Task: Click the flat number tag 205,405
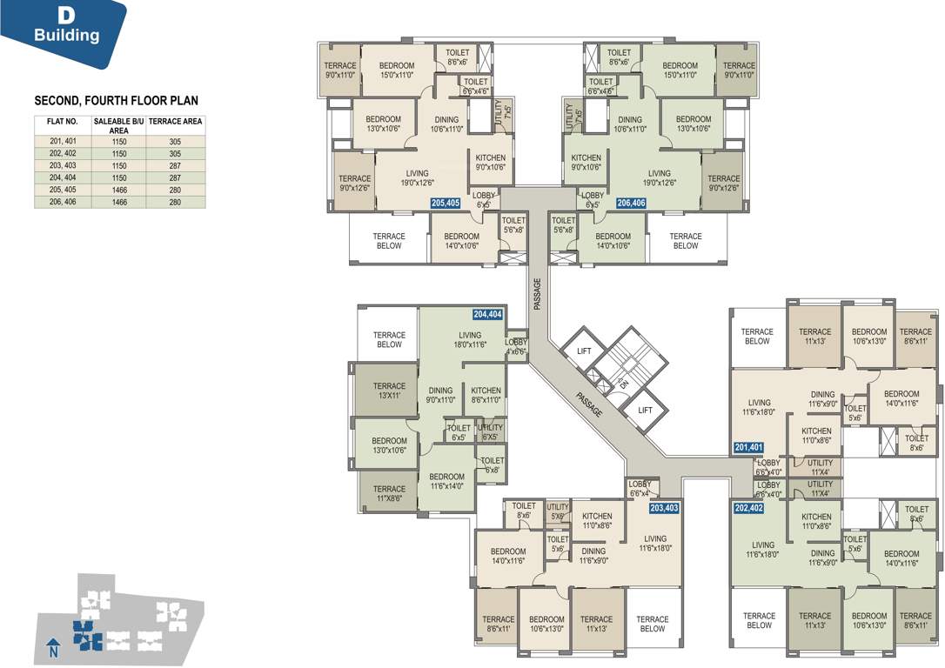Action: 446,203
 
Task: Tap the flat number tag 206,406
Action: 631,203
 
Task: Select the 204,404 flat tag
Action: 488,314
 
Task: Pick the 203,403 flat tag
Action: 664,508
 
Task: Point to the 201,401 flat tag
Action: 748,448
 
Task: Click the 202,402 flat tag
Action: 748,508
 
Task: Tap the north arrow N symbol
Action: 53,648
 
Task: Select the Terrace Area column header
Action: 176,122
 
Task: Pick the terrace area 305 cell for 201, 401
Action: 176,141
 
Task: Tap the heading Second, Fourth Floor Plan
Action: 116,101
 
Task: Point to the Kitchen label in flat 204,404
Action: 486,396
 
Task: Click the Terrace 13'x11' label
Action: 389,391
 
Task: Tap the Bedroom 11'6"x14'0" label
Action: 446,482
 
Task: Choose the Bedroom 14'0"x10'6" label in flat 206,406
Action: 613,241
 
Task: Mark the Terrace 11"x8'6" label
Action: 389,494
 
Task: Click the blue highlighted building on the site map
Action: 85,636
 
